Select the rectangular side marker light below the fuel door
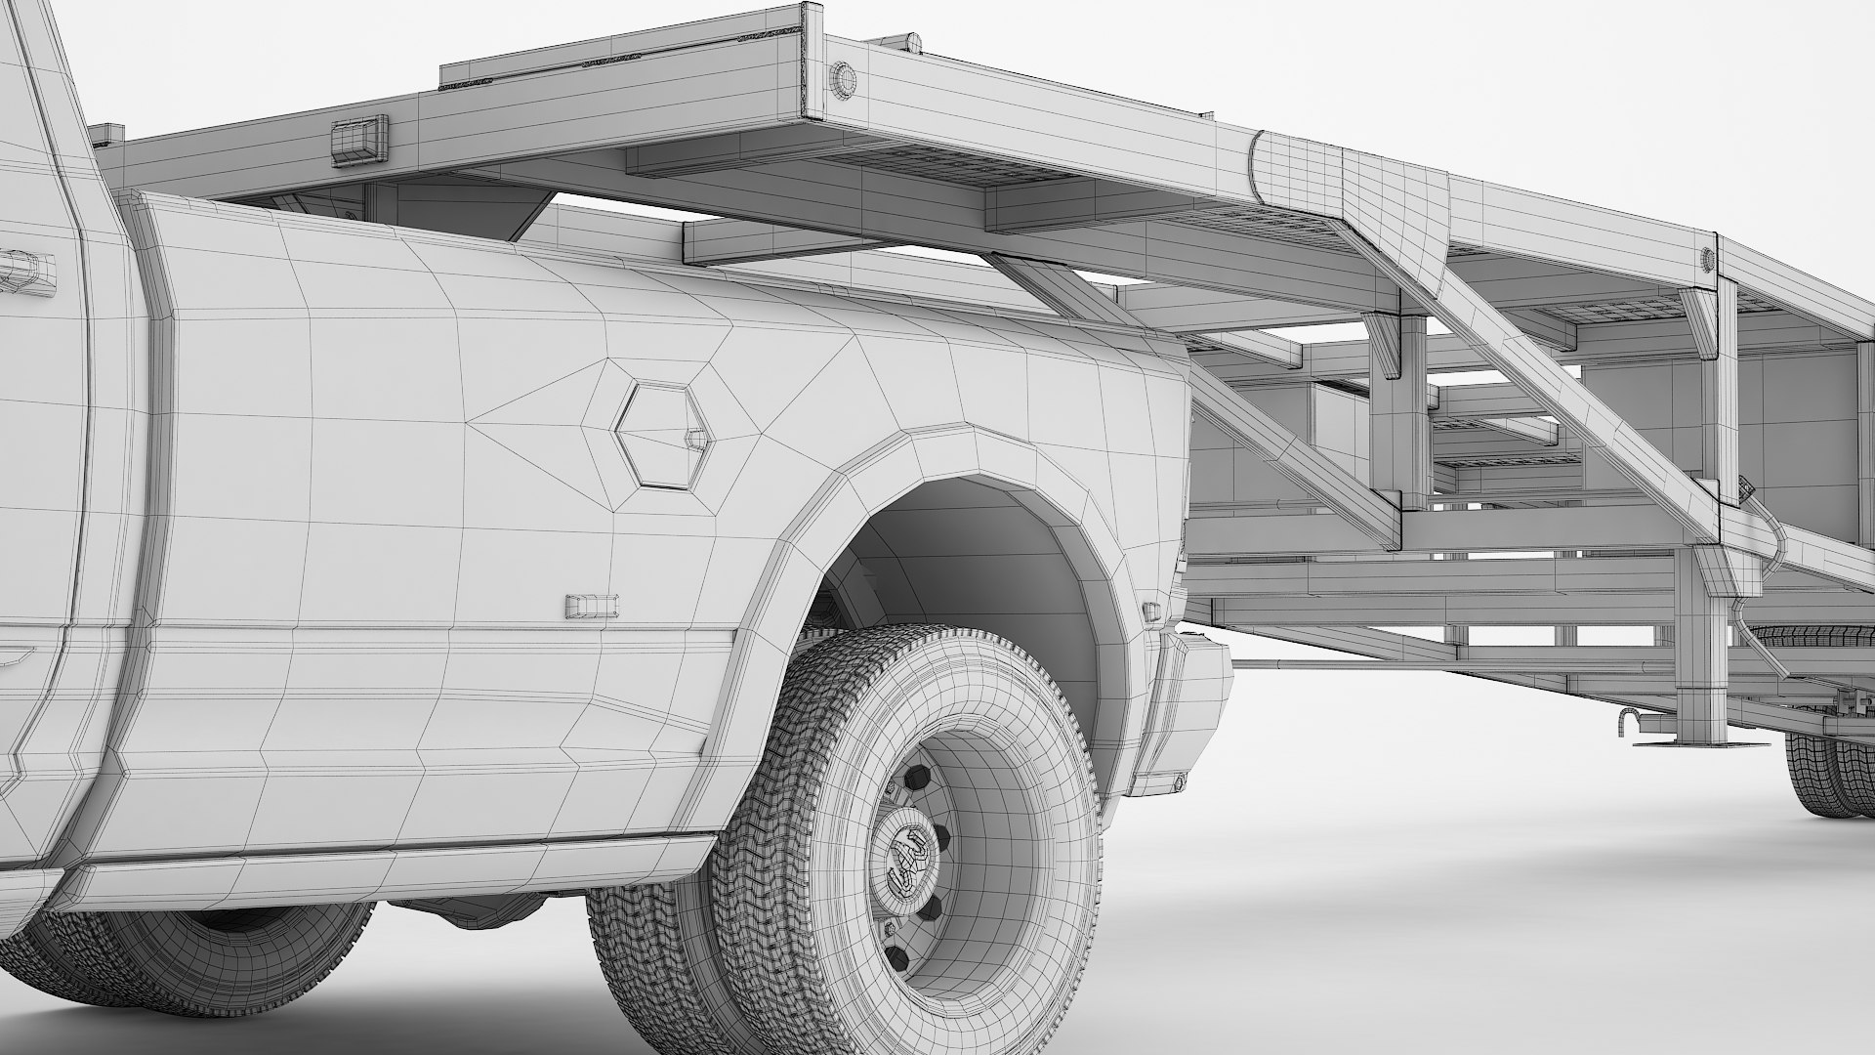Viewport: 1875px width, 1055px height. (x=592, y=606)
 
